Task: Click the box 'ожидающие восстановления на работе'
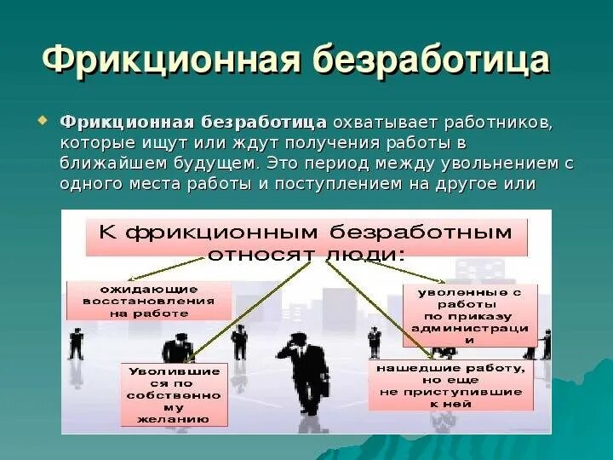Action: tap(149, 301)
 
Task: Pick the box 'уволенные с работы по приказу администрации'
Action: tap(469, 315)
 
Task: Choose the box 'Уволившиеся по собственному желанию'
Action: tap(174, 395)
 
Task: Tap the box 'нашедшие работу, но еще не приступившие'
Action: tap(450, 385)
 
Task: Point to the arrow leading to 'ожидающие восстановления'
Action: tap(213, 271)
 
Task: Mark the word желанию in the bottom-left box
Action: tap(174, 419)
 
